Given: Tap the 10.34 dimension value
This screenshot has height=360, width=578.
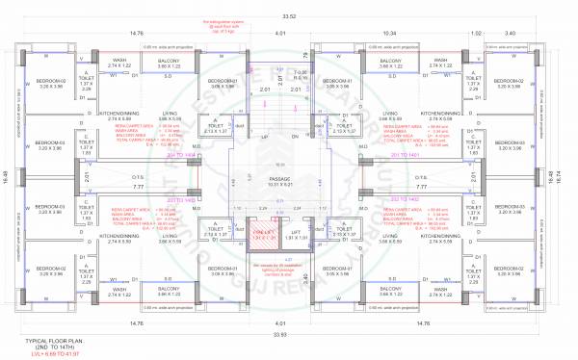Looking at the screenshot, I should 392,33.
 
